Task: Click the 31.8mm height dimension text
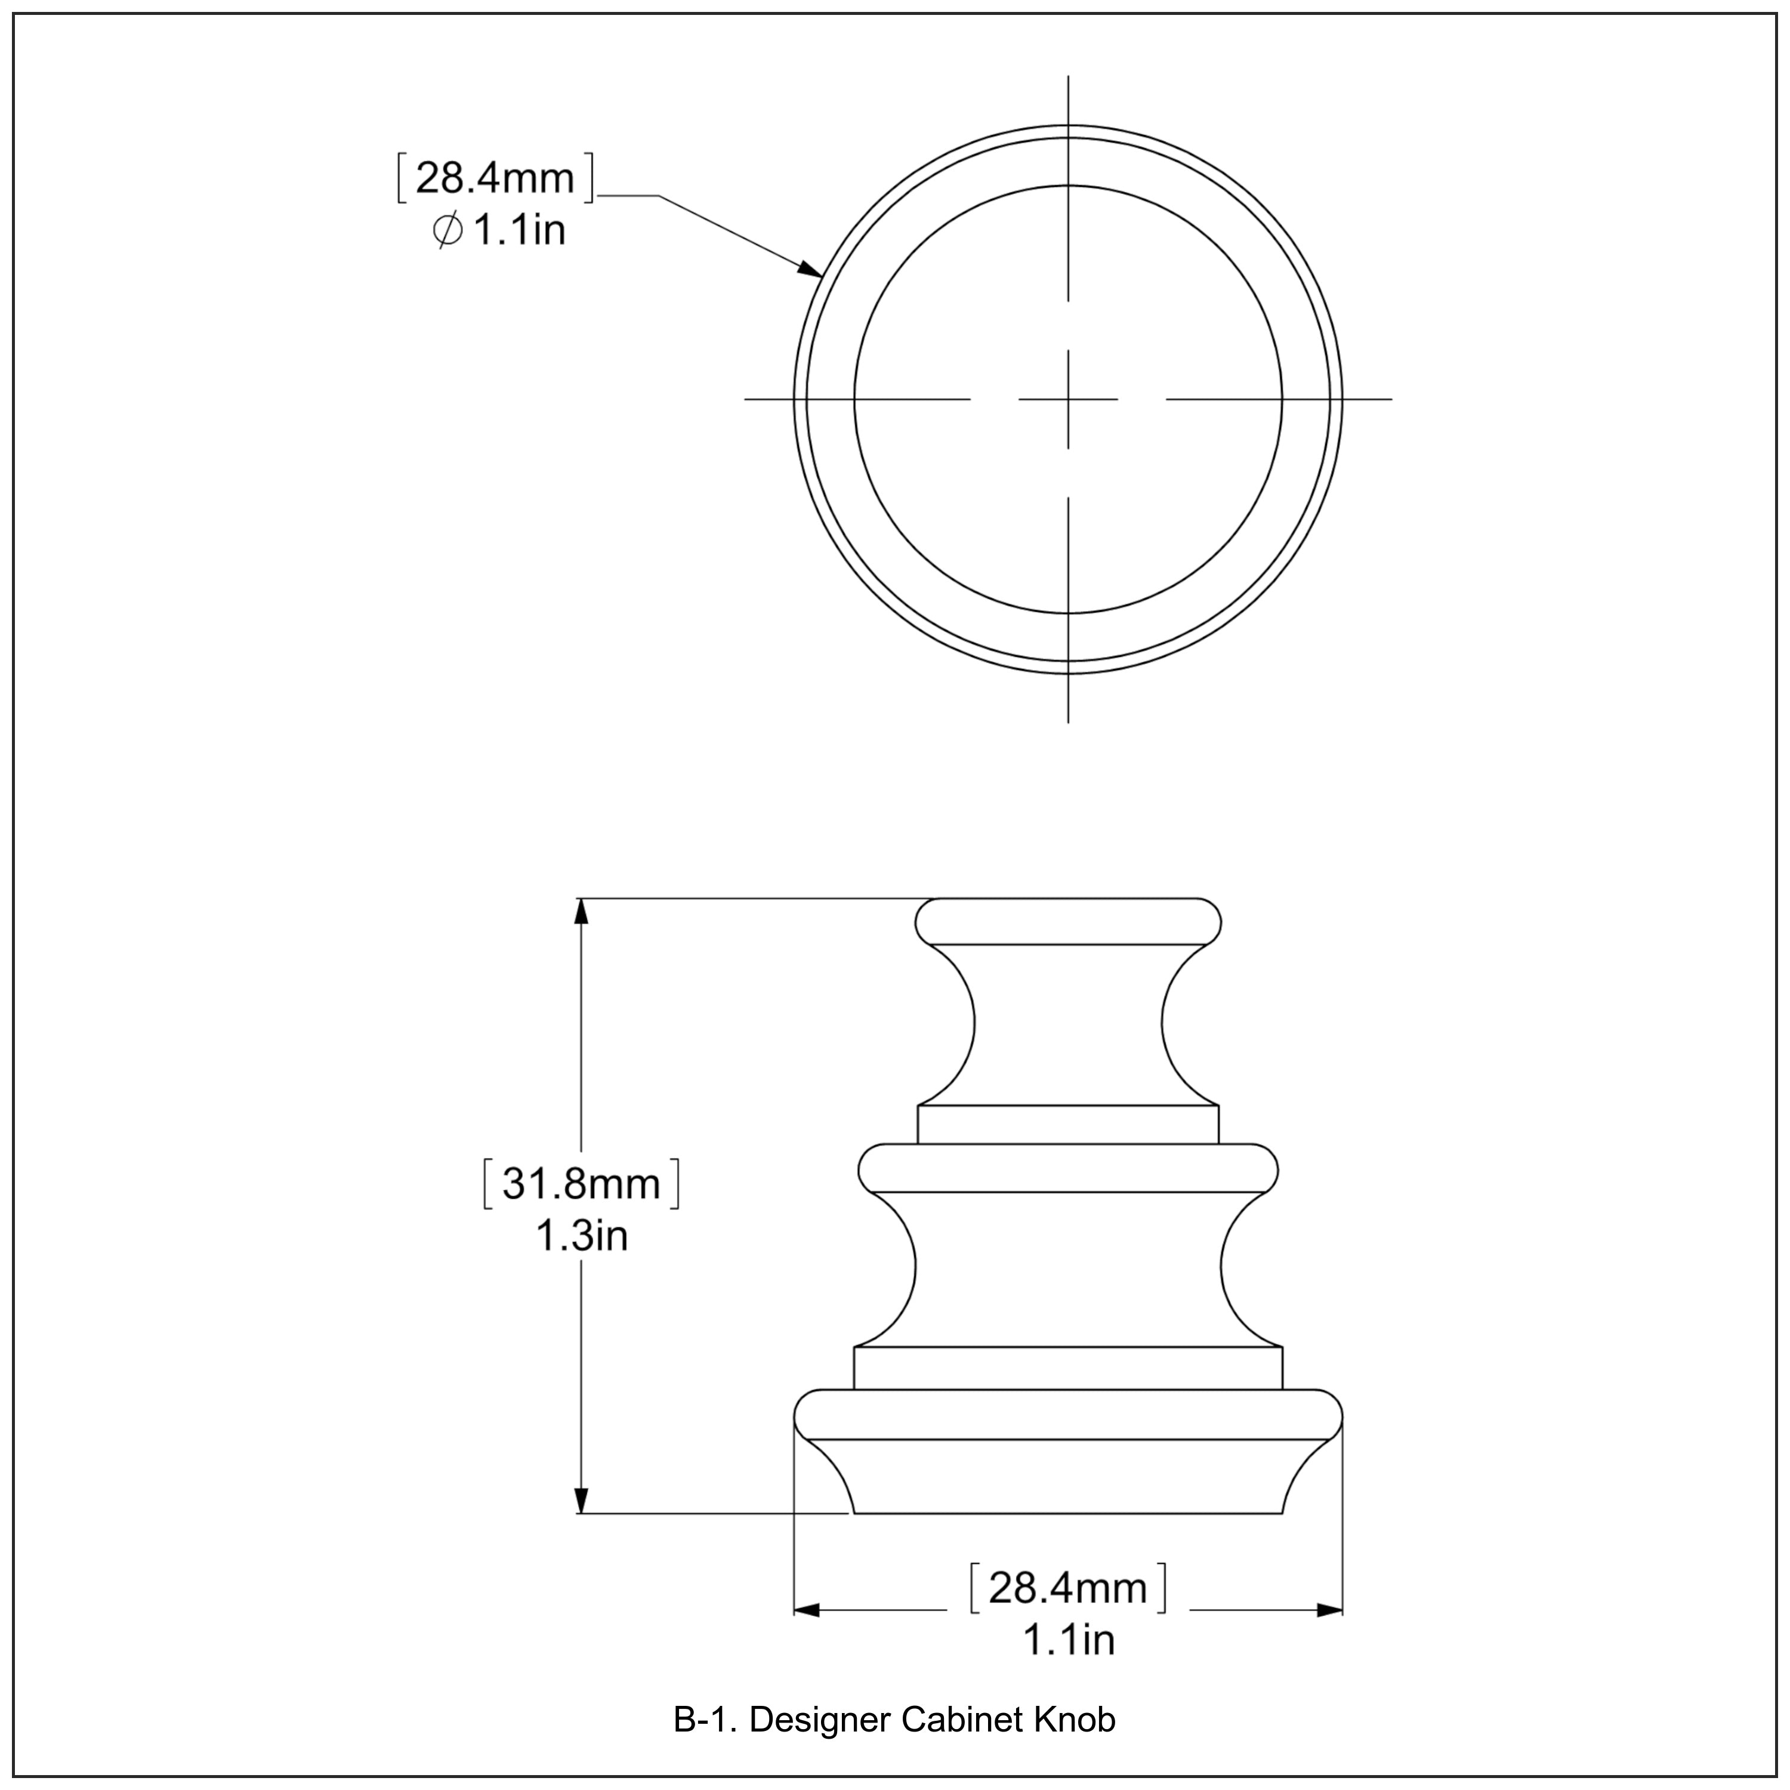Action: pyautogui.click(x=581, y=1184)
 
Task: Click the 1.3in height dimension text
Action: pyautogui.click(x=581, y=1236)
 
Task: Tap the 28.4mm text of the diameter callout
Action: pyautogui.click(x=495, y=178)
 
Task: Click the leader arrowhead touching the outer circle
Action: pyautogui.click(x=811, y=270)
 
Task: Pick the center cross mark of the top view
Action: pyautogui.click(x=1068, y=399)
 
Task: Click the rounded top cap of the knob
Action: pyautogui.click(x=1067, y=922)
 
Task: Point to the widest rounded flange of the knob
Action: pyautogui.click(x=1067, y=1415)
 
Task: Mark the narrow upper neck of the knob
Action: pyautogui.click(x=1067, y=1024)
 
